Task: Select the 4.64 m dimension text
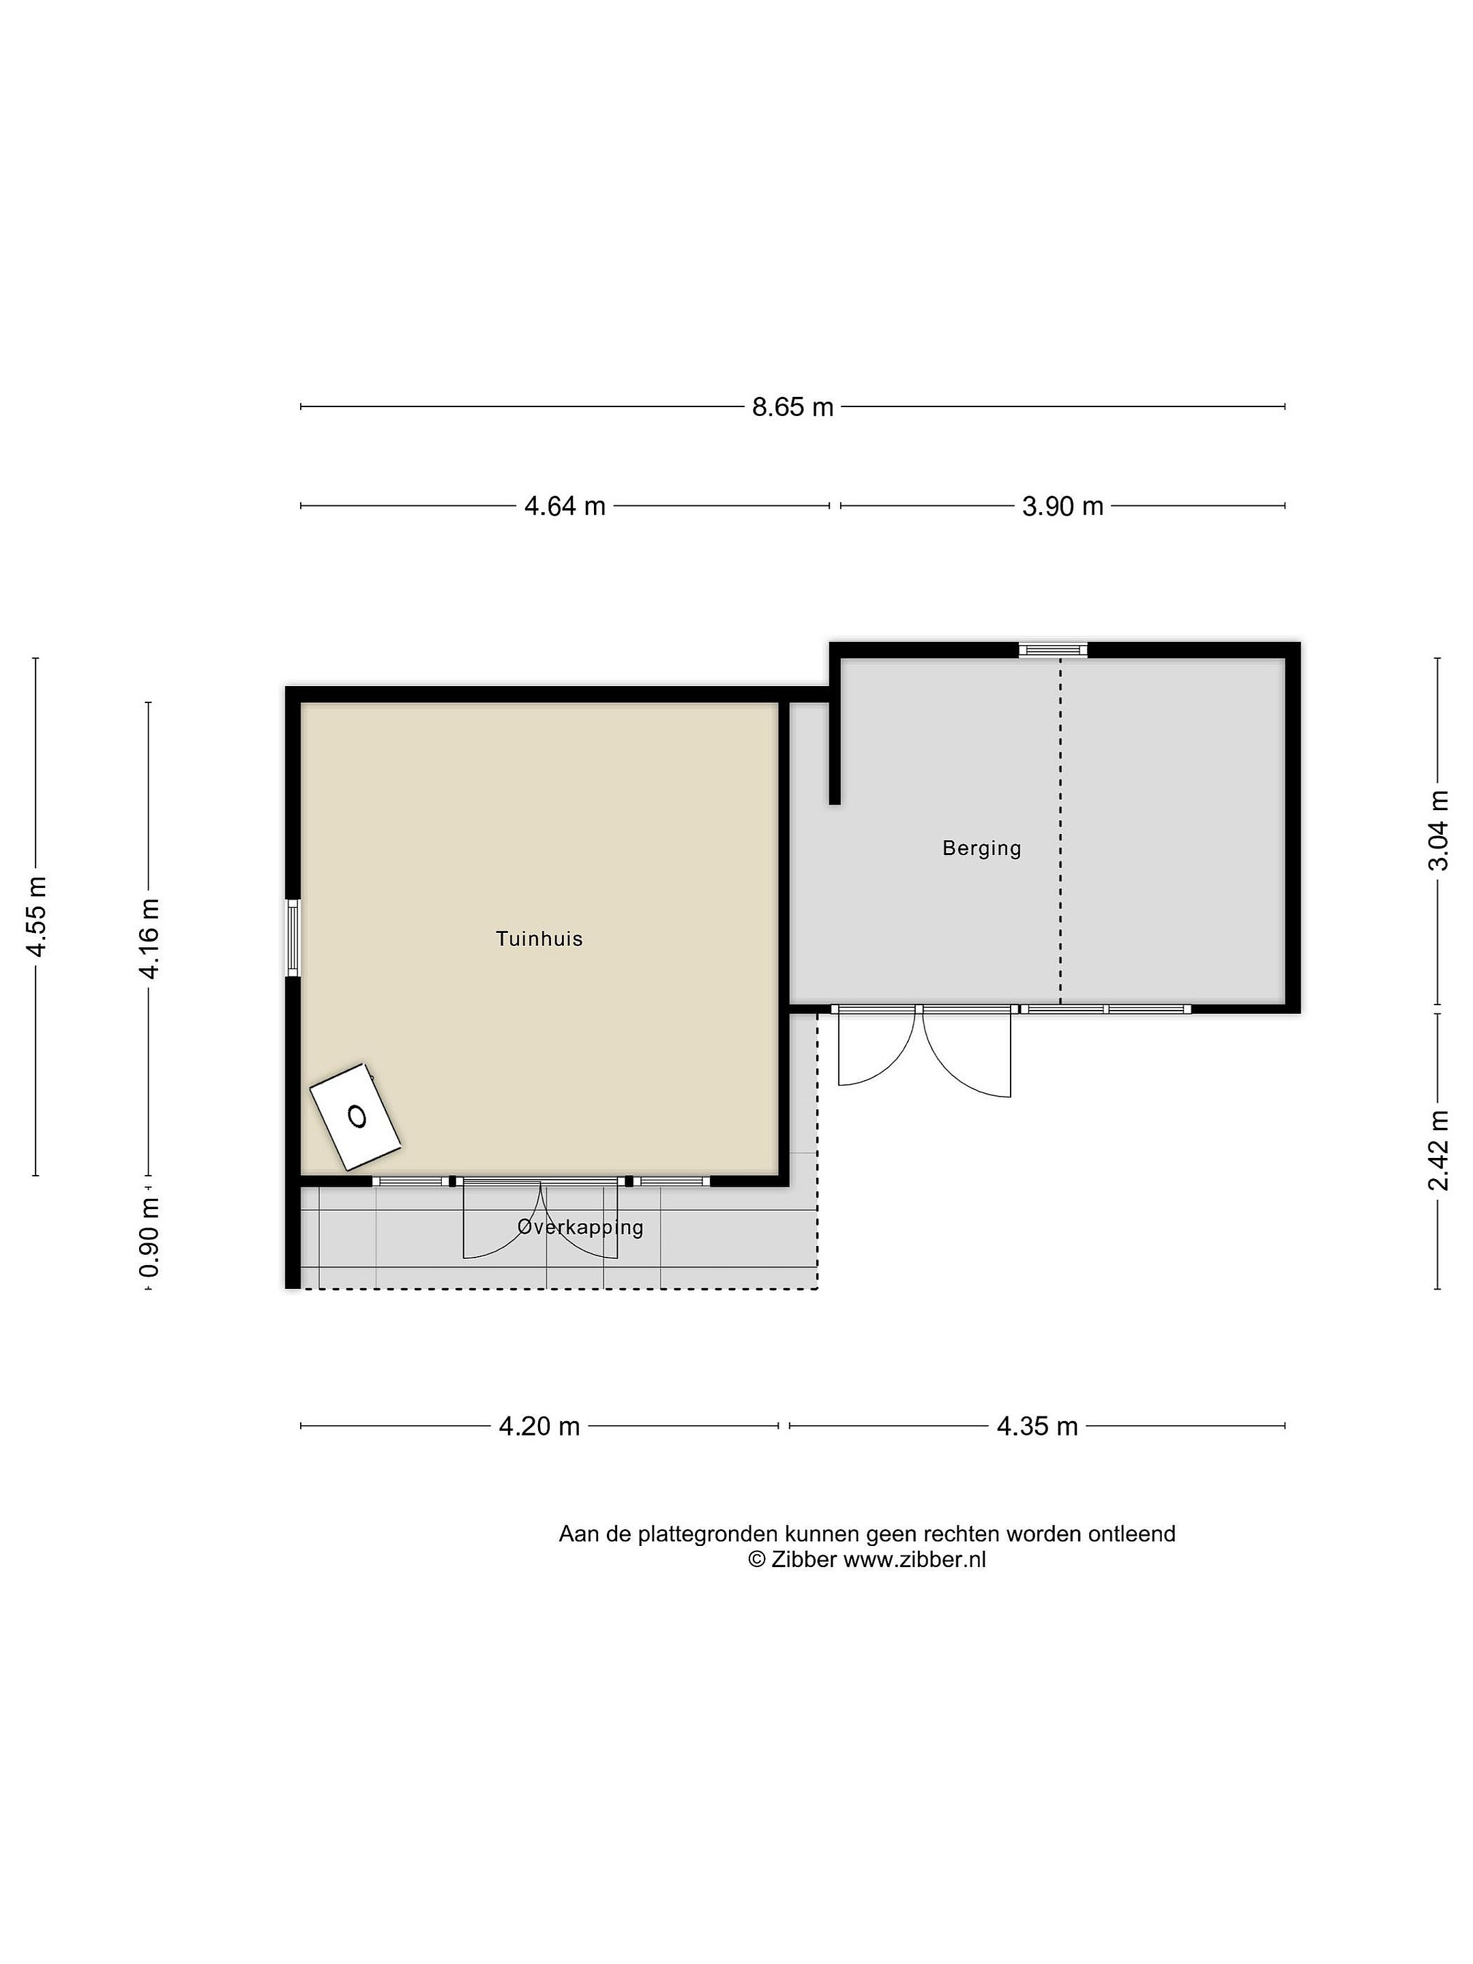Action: pos(565,506)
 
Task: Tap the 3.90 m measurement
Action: pos(1062,506)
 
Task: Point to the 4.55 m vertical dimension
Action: pos(36,917)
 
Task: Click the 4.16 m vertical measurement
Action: pos(148,938)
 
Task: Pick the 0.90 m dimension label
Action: pos(148,1237)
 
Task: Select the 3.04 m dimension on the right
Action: pos(1438,830)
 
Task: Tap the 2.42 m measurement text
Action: pos(1438,1150)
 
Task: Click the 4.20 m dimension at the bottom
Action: pos(539,1426)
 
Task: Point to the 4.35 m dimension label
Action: pos(1037,1426)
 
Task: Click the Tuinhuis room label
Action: pos(539,938)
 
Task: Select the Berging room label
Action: pos(981,848)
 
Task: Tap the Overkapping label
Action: pos(580,1227)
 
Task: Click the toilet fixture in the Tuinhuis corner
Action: pos(355,1116)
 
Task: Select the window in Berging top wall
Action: pos(1052,650)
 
